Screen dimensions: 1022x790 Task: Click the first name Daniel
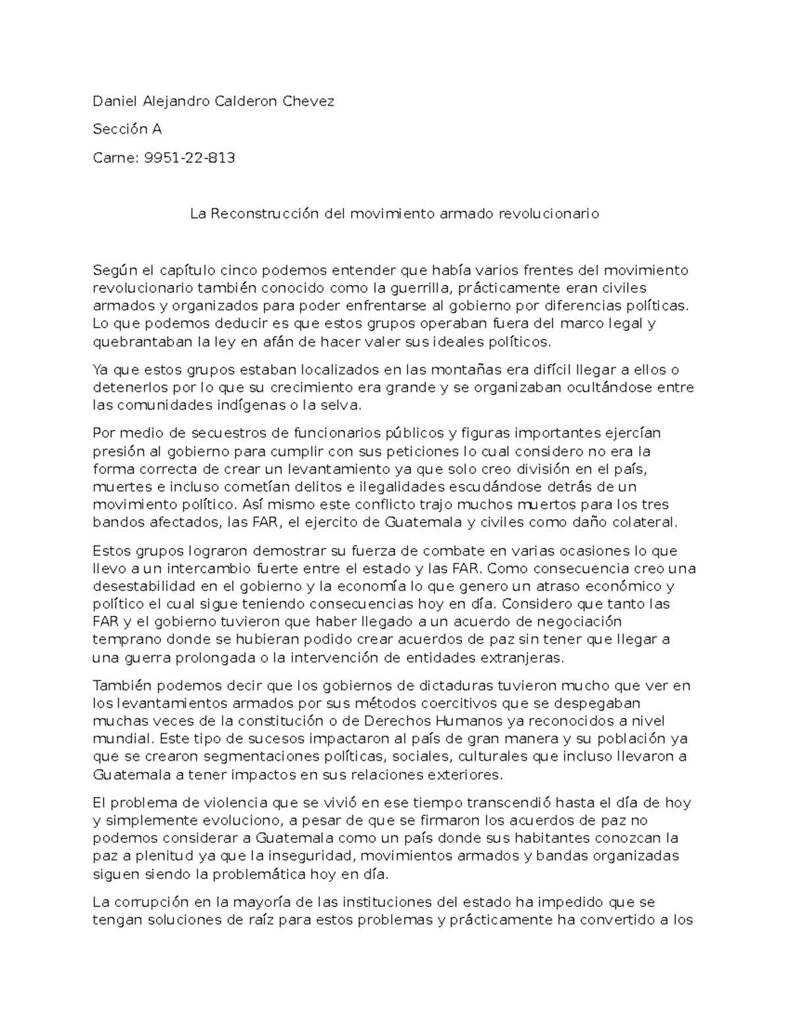113,101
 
